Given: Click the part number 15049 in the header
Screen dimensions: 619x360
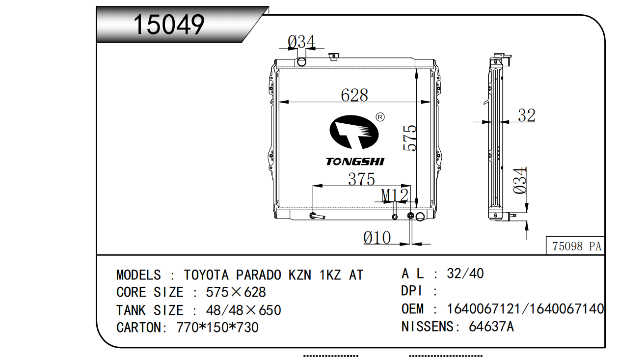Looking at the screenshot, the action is [x=169, y=25].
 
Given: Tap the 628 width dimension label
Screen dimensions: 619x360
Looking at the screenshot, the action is [x=354, y=95].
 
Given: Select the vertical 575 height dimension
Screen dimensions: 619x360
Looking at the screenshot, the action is [x=410, y=138].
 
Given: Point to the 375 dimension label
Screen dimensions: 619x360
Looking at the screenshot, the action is [x=361, y=179].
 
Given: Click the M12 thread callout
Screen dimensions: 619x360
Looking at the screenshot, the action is [x=395, y=195].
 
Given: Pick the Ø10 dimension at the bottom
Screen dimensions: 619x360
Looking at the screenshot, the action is [x=377, y=238].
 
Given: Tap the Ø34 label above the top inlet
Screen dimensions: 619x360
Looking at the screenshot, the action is [x=301, y=42].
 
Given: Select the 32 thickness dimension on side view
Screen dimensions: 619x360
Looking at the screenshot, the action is [x=527, y=115].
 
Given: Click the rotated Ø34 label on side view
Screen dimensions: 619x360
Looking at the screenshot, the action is [x=520, y=181].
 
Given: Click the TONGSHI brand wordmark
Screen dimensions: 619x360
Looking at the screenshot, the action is [x=355, y=162].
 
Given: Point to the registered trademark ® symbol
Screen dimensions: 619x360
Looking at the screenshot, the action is [x=380, y=117].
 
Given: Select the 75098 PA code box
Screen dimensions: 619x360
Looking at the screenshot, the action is [x=576, y=246].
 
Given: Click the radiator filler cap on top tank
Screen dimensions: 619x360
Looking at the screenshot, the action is [x=334, y=56].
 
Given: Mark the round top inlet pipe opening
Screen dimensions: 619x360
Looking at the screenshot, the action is [x=301, y=62].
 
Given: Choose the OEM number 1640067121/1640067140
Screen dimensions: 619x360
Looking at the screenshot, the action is [x=525, y=309].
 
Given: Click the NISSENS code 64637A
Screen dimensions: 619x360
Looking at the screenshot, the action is [x=491, y=327].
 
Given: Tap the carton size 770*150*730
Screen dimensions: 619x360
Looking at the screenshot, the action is [x=217, y=328].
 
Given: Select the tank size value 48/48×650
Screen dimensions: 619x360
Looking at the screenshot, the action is [x=243, y=310].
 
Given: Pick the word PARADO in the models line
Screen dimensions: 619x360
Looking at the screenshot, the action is [x=258, y=275].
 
